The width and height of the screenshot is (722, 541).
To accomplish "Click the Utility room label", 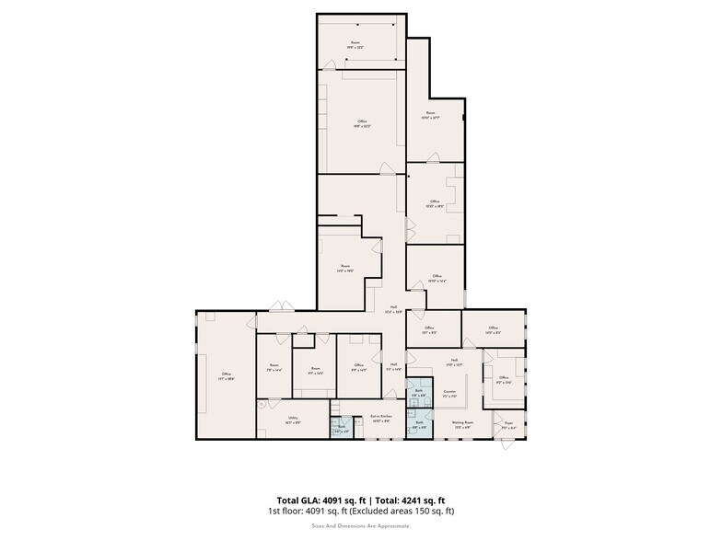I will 293,419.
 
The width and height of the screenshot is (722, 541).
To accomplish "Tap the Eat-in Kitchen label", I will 381,419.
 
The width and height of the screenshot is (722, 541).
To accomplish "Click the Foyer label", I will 508,425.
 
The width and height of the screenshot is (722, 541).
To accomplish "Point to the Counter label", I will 450,394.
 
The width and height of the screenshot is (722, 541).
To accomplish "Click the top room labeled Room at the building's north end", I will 355,44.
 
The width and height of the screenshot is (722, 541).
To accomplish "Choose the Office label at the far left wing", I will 226,375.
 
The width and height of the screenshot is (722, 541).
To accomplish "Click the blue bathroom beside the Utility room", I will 341,428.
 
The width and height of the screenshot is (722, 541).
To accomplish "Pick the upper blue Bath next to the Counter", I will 418,393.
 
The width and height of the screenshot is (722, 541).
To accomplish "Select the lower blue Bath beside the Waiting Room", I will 418,425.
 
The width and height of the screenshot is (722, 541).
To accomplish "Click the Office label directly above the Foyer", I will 504,379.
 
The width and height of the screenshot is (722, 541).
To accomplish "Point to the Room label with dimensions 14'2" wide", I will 344,268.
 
